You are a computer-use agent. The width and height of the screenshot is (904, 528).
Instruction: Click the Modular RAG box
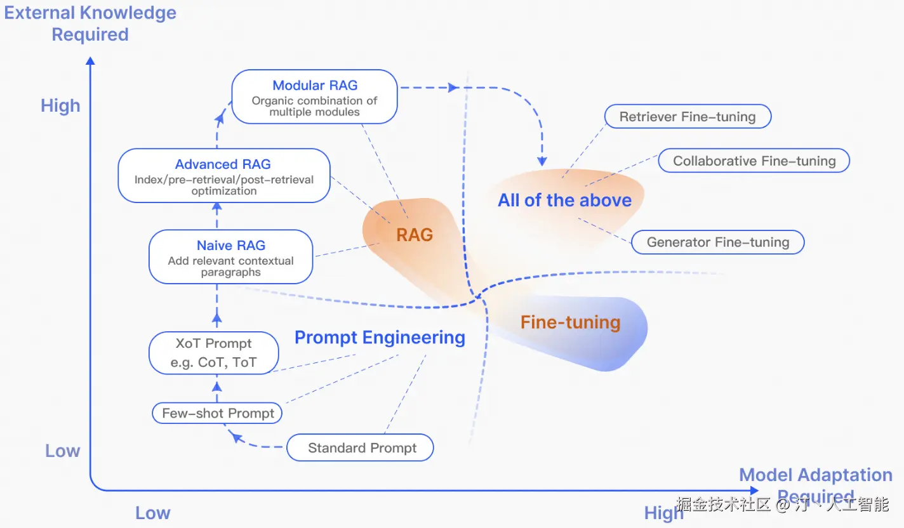click(x=314, y=96)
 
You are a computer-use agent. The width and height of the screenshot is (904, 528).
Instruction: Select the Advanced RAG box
click(x=223, y=176)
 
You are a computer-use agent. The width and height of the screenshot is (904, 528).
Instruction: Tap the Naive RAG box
click(x=230, y=257)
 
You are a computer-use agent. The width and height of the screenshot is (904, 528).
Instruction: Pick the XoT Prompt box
click(x=213, y=353)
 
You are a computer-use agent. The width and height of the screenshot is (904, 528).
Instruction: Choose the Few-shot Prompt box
click(x=218, y=413)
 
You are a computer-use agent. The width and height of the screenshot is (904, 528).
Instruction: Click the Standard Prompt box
click(x=361, y=448)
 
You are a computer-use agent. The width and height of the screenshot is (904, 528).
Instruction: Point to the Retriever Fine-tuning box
click(x=687, y=117)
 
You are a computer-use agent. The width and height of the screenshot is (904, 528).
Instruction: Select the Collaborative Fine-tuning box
click(x=754, y=161)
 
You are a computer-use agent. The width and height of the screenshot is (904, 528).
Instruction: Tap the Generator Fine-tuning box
click(x=717, y=242)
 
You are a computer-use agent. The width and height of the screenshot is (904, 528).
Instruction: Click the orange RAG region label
click(x=415, y=235)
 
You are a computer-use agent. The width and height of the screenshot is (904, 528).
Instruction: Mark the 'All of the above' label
click(x=564, y=201)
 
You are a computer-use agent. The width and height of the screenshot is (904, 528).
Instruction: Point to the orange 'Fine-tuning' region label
click(x=570, y=322)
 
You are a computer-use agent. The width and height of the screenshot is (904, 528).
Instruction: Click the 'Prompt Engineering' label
click(x=380, y=338)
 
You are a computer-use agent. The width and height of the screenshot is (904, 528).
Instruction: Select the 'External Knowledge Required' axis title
click(x=90, y=23)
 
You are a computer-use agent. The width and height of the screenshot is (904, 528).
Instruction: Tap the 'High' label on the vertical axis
click(x=60, y=105)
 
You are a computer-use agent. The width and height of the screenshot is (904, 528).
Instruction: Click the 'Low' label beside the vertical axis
click(x=62, y=451)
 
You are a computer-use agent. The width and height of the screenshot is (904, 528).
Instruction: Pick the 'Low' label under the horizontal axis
click(x=152, y=513)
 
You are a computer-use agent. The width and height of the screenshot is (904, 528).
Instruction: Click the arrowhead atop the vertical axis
click(x=90, y=61)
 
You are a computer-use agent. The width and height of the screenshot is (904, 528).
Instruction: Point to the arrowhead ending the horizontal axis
click(x=754, y=491)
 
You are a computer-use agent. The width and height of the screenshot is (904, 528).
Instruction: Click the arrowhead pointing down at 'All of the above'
click(x=542, y=161)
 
